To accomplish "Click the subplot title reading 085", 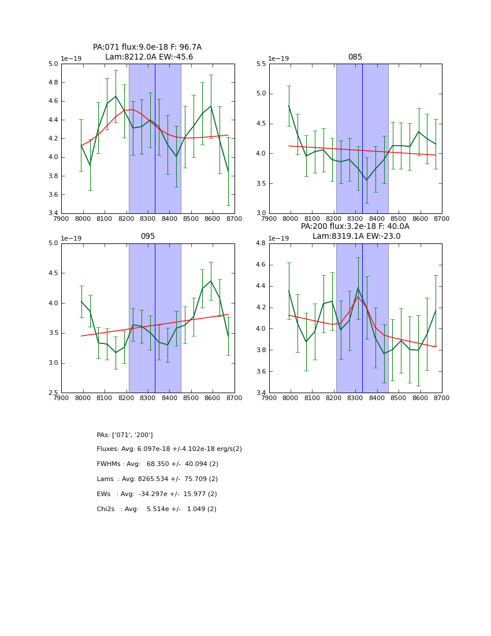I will click(355, 57).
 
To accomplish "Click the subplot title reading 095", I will click(147, 236).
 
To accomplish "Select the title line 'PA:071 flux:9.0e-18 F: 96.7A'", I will click(147, 47).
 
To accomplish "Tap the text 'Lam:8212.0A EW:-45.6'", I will click(149, 57).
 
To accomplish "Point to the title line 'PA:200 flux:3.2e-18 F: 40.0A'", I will click(355, 227).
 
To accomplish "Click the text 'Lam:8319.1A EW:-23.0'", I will click(356, 236).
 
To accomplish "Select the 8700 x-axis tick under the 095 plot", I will click(235, 398).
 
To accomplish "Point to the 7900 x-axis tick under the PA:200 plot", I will click(269, 398).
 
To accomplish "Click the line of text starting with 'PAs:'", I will click(125, 435).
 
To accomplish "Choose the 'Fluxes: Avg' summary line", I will click(169, 449).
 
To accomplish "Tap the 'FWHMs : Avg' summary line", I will click(158, 464).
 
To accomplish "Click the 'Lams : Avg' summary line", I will click(157, 479).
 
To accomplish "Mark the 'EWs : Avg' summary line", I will click(157, 494).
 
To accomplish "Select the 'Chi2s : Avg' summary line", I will click(157, 509).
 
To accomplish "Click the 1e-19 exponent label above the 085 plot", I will click(279, 59).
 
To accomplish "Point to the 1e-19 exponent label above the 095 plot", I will click(71, 239).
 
